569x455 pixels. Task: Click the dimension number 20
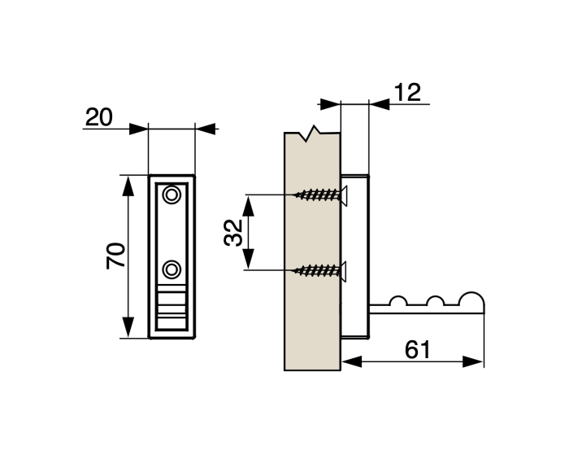(x=98, y=116)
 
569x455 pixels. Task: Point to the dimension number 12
(x=408, y=92)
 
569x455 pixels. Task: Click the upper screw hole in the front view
(x=172, y=195)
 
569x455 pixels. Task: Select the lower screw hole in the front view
(x=172, y=269)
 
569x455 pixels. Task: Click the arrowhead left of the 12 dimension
(x=329, y=104)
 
